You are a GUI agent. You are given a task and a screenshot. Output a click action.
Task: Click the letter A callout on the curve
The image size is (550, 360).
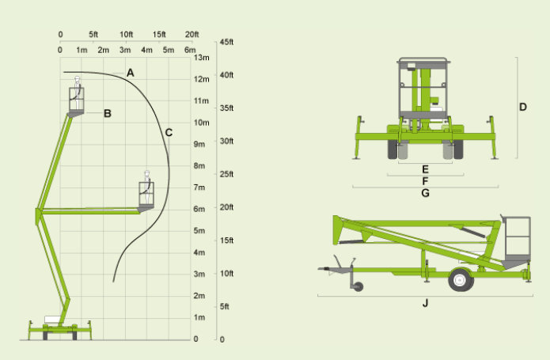[130, 73]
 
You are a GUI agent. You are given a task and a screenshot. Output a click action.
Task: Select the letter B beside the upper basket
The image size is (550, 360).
[108, 114]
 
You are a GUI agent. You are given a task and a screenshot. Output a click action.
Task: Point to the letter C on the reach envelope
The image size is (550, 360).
[169, 133]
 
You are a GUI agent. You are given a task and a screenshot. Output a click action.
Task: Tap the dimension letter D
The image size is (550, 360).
[522, 107]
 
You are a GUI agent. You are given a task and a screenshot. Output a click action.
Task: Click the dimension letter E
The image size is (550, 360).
[425, 169]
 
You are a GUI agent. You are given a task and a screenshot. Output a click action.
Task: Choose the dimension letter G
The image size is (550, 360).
[425, 193]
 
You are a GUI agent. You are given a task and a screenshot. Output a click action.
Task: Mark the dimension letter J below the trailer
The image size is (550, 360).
[425, 303]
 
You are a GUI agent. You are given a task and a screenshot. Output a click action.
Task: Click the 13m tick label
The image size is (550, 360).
[201, 58]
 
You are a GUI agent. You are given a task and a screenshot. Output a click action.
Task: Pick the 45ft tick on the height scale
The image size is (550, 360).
[226, 42]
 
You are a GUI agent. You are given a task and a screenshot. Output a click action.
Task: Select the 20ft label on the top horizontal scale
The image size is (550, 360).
[192, 34]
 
